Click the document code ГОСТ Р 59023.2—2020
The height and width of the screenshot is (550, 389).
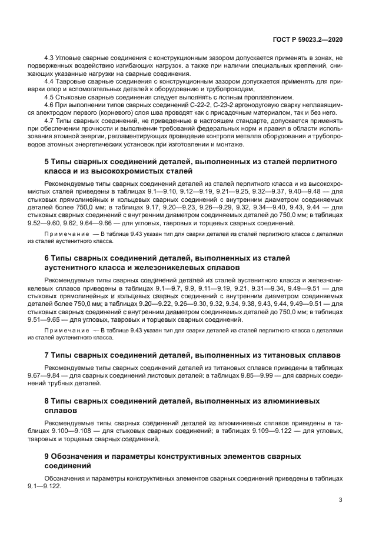(x=308, y=39)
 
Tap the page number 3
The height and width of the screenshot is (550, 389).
(x=340, y=499)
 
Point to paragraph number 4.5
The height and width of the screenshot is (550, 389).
(x=49, y=96)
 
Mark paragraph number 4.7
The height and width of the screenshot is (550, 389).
(x=49, y=119)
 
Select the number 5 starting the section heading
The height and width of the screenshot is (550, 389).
(x=47, y=161)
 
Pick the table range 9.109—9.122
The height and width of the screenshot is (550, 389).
(x=262, y=431)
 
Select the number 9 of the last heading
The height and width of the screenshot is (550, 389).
(x=47, y=456)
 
